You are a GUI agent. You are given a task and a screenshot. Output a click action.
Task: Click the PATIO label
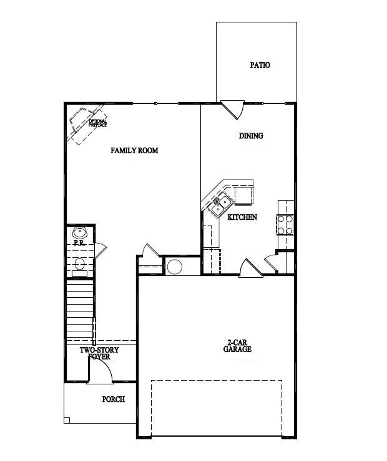click(x=260, y=65)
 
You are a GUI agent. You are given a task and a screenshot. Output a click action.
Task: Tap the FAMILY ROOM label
click(x=134, y=150)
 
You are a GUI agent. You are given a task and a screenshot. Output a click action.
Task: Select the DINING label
click(x=251, y=136)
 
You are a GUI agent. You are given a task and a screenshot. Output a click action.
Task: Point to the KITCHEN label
click(x=242, y=217)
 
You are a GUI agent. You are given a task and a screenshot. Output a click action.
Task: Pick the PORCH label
click(x=113, y=399)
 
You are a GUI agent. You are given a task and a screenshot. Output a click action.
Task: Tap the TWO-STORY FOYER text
click(x=99, y=353)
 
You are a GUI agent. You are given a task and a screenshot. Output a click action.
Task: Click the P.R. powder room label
click(x=79, y=242)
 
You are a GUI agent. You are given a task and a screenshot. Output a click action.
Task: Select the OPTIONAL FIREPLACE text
click(x=97, y=123)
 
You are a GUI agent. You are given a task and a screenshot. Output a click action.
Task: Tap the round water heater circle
click(x=174, y=267)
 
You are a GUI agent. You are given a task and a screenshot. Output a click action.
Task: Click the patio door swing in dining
click(x=233, y=110)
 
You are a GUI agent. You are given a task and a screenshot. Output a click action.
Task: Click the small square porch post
click(x=67, y=420)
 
